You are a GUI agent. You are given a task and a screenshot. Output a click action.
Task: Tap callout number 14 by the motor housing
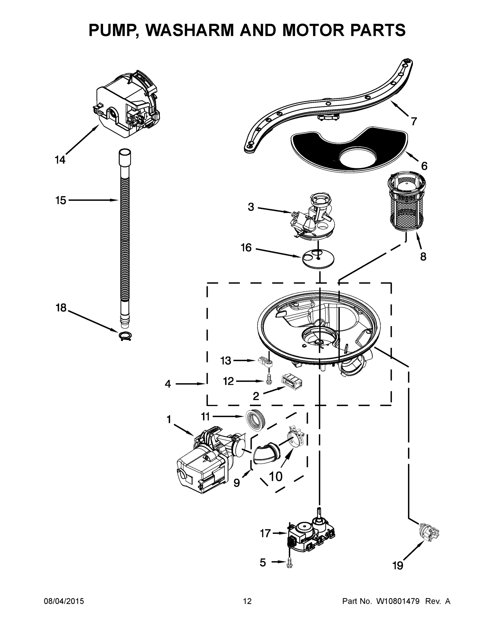click(x=60, y=160)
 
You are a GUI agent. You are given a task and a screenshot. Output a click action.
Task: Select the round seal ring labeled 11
click(x=255, y=420)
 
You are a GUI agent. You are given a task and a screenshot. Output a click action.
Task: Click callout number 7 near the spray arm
click(x=414, y=121)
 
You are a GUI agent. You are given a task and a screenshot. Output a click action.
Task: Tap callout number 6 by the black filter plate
click(x=424, y=166)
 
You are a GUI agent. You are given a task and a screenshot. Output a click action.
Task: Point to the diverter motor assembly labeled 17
click(x=310, y=537)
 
